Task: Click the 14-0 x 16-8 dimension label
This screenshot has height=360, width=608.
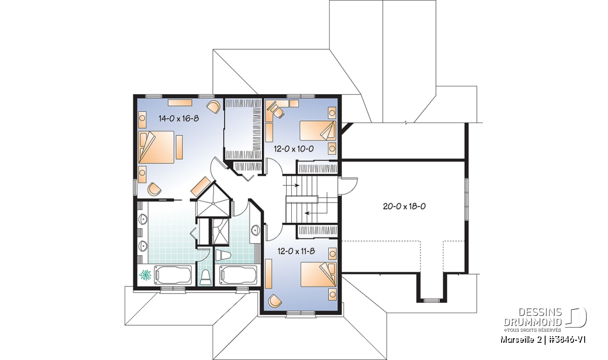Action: pos(179,118)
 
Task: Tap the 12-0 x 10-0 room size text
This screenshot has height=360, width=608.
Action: pos(294,149)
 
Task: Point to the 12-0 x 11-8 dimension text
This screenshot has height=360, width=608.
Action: pos(296,251)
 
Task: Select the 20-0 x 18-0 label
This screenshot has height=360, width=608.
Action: pos(404,207)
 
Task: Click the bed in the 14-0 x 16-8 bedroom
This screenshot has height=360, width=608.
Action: pos(157,147)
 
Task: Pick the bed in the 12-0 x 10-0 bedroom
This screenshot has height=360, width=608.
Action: pos(318,131)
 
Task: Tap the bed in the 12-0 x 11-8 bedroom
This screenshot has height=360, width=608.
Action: pos(318,274)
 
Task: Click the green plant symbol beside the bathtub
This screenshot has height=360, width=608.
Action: pos(146,275)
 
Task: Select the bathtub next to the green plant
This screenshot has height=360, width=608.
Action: pos(173,275)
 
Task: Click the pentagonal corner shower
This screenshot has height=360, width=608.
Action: pos(214,201)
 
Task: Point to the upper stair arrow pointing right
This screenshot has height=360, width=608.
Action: pos(291,185)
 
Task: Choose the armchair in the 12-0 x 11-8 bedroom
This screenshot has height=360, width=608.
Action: pos(275,301)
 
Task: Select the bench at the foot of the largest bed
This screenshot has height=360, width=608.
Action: pos(179,147)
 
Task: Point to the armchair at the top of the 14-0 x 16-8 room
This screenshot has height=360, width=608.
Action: pos(213,107)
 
